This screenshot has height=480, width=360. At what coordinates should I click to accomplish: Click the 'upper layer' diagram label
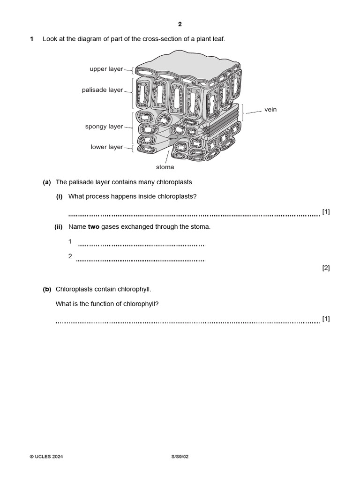(x=106, y=69)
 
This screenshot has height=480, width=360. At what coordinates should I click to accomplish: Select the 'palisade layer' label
(x=102, y=90)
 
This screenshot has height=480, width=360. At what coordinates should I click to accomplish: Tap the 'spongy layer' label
(x=104, y=127)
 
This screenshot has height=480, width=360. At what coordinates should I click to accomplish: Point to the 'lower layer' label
(x=106, y=147)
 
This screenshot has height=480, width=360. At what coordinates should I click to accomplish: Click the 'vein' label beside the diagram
(x=270, y=110)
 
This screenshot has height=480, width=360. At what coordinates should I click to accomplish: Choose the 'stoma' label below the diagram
(x=165, y=167)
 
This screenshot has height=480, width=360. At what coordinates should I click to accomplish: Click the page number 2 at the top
(x=180, y=24)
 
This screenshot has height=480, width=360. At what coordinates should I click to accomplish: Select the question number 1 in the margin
(x=32, y=39)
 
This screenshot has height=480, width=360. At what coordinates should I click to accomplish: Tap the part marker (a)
(x=47, y=182)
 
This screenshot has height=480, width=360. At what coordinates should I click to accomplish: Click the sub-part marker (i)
(x=60, y=196)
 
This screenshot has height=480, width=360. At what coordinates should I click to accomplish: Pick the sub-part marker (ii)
(x=59, y=227)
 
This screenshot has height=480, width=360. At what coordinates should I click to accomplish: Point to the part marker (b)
(x=47, y=290)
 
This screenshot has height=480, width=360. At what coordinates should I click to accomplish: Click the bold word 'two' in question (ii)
(x=93, y=227)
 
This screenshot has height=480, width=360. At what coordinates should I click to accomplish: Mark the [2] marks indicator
(x=326, y=268)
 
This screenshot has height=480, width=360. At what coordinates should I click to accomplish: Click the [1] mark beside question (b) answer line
(x=326, y=319)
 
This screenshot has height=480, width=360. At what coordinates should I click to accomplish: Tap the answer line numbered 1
(x=141, y=244)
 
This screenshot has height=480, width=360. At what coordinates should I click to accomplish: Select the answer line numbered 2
(x=141, y=259)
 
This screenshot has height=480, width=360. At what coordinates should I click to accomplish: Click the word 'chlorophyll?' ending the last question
(x=141, y=304)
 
